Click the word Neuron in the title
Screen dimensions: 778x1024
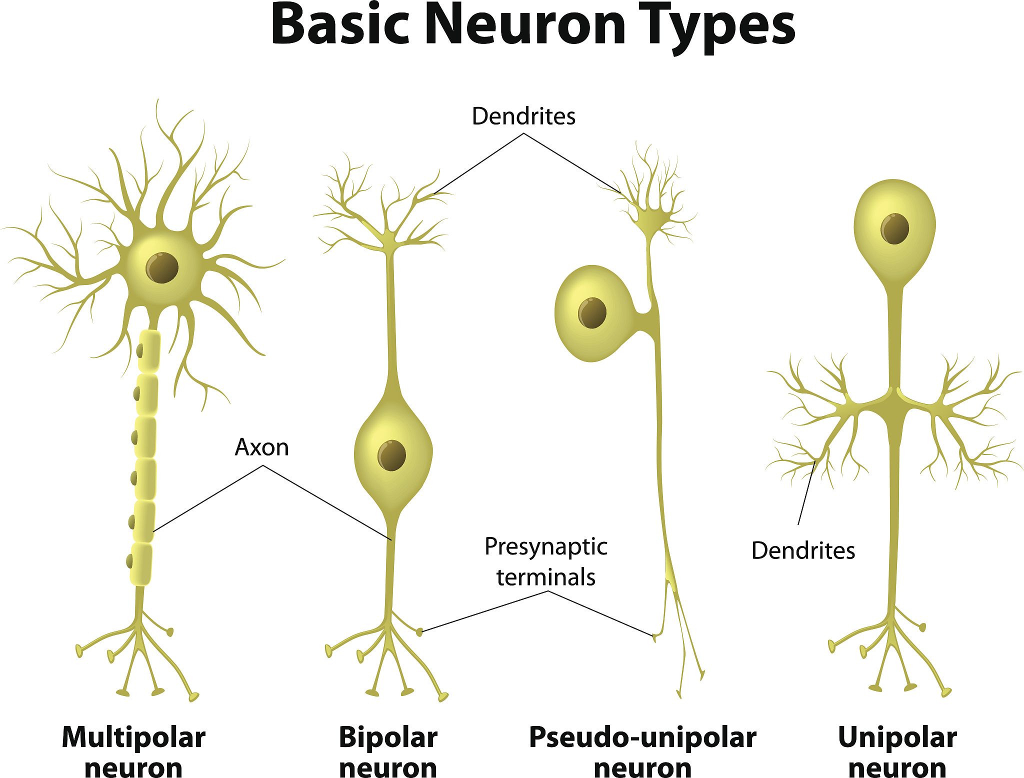pos(527,25)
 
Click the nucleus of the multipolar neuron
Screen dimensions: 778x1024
pos(162,267)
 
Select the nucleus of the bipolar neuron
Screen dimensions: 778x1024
pos(391,455)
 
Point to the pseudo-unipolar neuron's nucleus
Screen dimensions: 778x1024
pos(592,313)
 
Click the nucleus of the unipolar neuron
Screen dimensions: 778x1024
pos(895,228)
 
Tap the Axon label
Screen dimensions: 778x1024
pos(262,447)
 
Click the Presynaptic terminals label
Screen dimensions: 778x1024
pos(546,562)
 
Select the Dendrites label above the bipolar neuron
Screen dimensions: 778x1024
pos(523,116)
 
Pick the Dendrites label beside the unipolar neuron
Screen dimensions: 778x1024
pos(803,551)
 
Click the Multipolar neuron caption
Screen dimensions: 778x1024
pos(133,752)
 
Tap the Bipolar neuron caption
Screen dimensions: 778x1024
pos(388,752)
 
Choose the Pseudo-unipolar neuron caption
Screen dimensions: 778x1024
pos(642,752)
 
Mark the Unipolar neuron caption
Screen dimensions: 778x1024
pos(897,752)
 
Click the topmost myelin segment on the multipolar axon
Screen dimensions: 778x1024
pos(149,351)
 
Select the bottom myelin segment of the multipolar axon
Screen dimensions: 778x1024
pos(141,564)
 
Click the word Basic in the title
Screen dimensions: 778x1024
pos(340,25)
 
